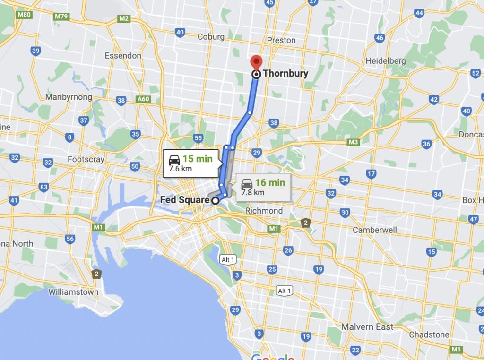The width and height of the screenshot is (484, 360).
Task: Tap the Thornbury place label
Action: [x=285, y=73]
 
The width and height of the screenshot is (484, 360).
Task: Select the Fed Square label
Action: [x=185, y=200]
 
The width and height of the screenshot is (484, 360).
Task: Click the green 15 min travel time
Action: [x=198, y=159]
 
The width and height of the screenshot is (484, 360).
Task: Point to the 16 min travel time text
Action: [x=270, y=182]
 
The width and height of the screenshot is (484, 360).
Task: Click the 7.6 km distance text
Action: [x=180, y=168]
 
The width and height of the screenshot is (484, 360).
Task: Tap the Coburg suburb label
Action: [x=211, y=36]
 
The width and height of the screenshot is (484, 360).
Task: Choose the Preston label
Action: [x=281, y=40]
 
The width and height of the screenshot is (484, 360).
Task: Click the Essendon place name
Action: [x=123, y=55]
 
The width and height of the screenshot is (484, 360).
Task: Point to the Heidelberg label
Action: [x=386, y=61]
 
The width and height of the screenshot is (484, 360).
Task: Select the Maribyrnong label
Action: [x=69, y=97]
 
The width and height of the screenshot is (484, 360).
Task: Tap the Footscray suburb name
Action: [x=86, y=159]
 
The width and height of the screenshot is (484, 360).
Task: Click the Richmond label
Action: [x=264, y=211]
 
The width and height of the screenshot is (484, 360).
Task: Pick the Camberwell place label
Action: [x=375, y=230]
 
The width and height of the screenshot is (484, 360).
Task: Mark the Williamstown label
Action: [x=73, y=292]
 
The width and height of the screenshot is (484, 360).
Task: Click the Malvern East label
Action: [x=367, y=326]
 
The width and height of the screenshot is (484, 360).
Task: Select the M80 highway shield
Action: [x=23, y=15]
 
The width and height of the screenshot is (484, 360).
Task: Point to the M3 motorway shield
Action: [x=353, y=142]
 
